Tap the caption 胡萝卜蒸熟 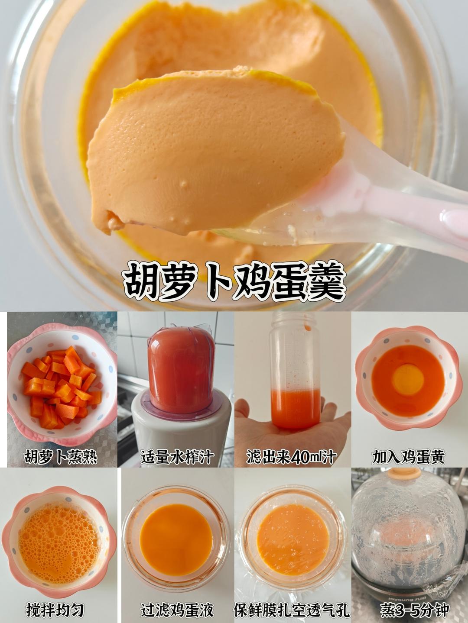(61, 456)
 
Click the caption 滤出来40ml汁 (292, 456)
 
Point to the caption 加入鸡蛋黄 (408, 456)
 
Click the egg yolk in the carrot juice (409, 378)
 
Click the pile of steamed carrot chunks (61, 387)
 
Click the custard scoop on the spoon (216, 150)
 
